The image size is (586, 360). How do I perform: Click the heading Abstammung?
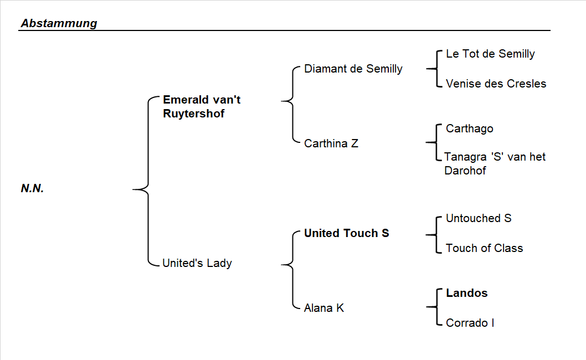59,23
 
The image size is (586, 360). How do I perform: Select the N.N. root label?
32,188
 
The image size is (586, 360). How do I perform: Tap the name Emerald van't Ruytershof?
202,107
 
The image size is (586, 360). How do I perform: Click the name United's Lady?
197,263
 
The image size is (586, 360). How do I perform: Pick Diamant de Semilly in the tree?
353,69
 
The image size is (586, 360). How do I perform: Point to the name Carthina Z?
331,143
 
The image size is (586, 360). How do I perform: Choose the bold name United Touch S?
346,233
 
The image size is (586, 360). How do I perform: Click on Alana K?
323,308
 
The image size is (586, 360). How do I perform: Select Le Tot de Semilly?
490,54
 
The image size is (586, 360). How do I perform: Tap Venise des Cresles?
496,84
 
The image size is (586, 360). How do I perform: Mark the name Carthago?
469,128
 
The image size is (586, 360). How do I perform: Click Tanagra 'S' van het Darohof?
495,163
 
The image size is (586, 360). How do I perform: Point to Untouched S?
478,218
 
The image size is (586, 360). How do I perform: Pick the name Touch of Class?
484,248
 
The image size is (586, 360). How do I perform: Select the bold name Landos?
466,293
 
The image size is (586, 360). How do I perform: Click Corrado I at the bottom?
470,322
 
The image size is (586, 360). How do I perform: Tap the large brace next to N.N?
145,189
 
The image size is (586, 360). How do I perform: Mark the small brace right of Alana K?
434,306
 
